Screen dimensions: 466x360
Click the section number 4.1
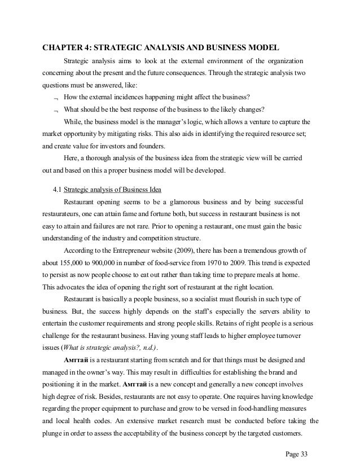57,189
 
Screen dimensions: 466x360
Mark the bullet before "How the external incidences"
55,98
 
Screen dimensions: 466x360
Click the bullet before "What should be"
55,110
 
